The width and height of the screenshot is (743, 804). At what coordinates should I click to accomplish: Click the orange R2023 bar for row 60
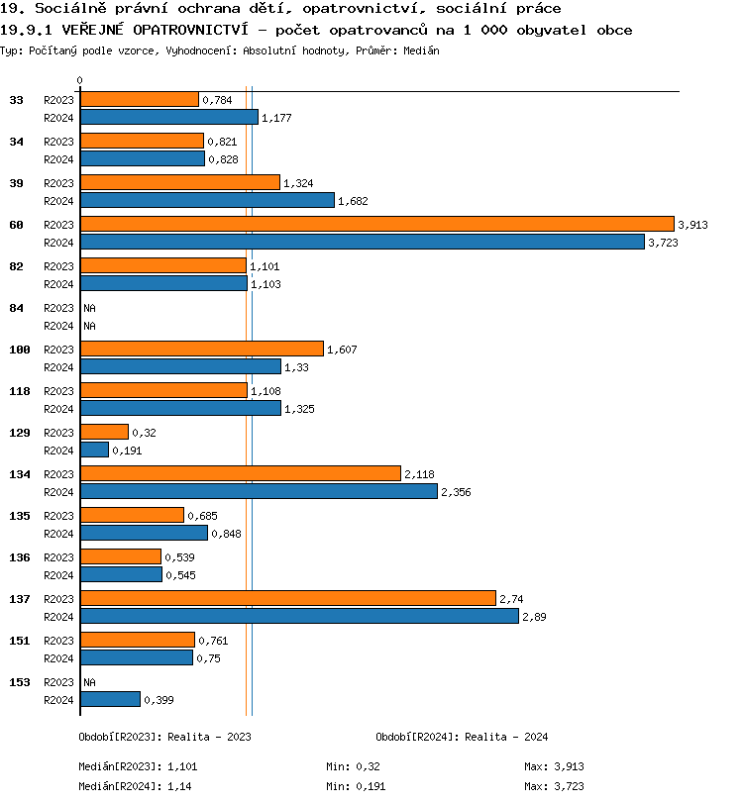click(x=376, y=224)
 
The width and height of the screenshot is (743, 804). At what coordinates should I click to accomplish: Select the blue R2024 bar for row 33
click(x=168, y=117)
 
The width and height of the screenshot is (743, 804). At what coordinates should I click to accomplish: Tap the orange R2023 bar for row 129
click(x=104, y=432)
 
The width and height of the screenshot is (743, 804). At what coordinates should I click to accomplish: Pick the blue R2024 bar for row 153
click(x=110, y=699)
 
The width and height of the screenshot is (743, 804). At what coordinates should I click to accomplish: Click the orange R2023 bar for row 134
click(x=240, y=473)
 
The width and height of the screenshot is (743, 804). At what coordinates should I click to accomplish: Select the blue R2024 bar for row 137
click(x=299, y=616)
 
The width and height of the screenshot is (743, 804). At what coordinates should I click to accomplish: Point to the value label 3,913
click(x=692, y=225)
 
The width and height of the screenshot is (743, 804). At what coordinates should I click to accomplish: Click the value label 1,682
click(x=353, y=201)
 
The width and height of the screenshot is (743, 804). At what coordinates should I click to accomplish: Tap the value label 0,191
click(x=127, y=451)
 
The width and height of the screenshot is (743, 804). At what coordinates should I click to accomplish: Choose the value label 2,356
click(x=456, y=492)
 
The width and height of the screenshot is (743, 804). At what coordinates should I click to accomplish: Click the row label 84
click(x=16, y=308)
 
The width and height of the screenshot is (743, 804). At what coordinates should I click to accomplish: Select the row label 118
click(x=20, y=391)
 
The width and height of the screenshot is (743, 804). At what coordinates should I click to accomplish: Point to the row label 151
click(x=20, y=641)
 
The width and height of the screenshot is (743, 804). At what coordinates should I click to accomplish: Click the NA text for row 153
click(x=89, y=682)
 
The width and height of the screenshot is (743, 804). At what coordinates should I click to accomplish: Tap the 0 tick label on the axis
click(x=80, y=81)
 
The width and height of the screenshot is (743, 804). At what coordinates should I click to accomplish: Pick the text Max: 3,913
click(x=557, y=766)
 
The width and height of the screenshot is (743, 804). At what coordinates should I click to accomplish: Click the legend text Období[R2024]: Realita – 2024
click(x=462, y=737)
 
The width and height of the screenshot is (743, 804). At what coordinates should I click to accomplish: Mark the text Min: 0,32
click(x=353, y=766)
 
